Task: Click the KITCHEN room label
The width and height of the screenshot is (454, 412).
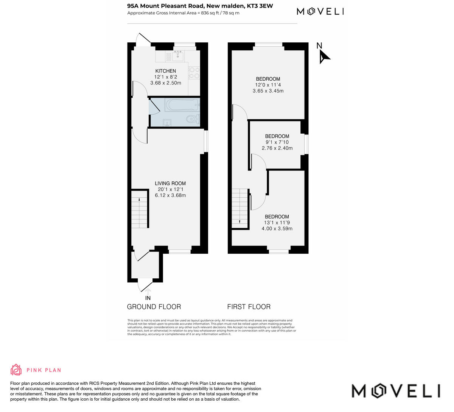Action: point(166,71)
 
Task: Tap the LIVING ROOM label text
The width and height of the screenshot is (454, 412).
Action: point(170,184)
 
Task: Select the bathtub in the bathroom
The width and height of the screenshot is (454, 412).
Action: point(182,105)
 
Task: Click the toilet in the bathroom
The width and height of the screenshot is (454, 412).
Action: point(193,120)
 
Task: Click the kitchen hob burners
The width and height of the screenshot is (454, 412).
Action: point(194,73)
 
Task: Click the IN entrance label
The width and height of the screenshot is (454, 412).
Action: point(148,298)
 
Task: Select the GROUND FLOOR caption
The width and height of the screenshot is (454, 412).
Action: point(154,307)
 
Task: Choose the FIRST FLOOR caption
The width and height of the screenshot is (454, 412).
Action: point(249,307)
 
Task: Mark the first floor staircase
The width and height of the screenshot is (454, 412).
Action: point(240,208)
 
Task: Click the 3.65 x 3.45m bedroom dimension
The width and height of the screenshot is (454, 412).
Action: point(268,91)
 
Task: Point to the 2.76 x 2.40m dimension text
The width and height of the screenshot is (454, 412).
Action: point(277,148)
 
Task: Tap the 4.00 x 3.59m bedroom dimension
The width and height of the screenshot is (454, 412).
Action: point(277,228)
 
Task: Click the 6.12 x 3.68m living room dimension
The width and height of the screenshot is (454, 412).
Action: point(170,195)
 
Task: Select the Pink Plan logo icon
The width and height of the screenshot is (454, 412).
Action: point(16,370)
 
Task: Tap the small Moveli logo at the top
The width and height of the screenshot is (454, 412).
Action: point(320,11)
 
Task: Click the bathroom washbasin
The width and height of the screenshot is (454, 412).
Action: point(167,122)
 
